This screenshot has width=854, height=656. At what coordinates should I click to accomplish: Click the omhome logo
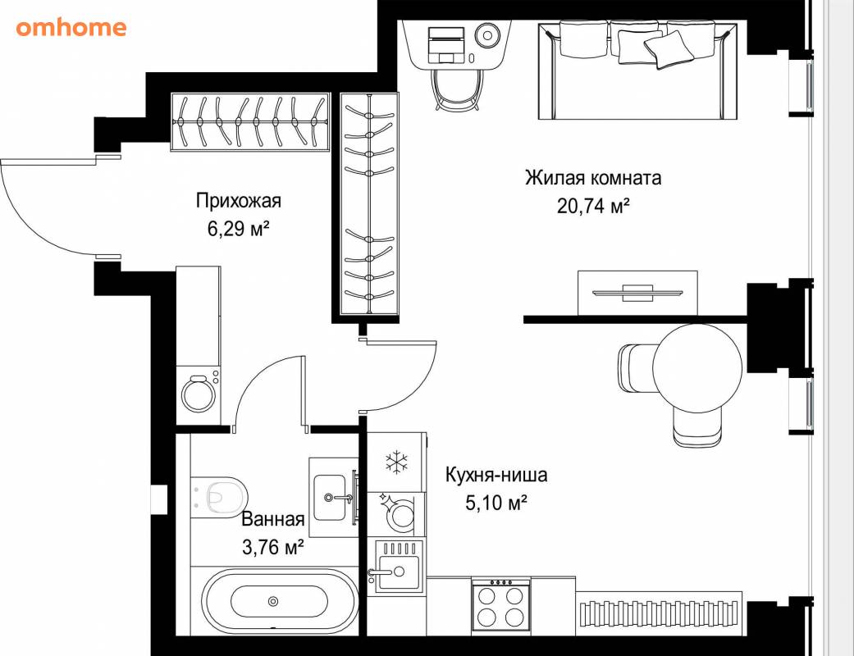click(x=71, y=27)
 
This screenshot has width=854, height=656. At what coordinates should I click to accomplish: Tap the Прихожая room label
click(x=239, y=200)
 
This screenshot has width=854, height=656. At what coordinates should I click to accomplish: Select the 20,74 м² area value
click(x=593, y=206)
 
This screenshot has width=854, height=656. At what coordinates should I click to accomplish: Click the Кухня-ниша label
click(x=496, y=475)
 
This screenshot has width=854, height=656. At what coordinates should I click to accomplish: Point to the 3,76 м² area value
click(x=272, y=546)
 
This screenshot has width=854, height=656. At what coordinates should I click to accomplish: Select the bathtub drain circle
click(x=273, y=602)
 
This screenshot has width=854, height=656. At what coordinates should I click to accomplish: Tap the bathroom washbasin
click(x=330, y=497)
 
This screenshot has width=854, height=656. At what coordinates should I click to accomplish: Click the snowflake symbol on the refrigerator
click(x=397, y=462)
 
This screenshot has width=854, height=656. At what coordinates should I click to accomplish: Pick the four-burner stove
click(x=500, y=606)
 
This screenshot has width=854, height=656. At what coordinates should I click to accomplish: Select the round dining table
click(x=697, y=365)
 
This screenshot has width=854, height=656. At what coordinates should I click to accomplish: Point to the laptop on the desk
click(x=446, y=45)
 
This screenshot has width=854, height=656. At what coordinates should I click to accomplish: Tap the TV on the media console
click(x=637, y=293)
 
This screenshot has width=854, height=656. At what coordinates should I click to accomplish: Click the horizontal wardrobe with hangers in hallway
click(x=250, y=122)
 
